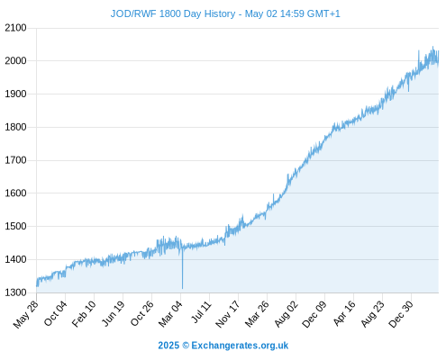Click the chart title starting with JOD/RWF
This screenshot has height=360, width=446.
[225, 13]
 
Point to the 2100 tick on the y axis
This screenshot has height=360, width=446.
[15, 28]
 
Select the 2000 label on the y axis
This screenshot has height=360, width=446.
[15, 61]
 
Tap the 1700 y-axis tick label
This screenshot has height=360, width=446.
[15, 160]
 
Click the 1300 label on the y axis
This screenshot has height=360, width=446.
[15, 292]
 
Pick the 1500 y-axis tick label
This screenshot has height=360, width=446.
[15, 226]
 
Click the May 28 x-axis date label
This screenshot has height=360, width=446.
[26, 314]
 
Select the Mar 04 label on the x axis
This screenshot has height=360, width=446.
[170, 314]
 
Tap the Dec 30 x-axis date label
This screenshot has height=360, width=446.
[401, 314]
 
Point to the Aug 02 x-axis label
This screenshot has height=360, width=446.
[286, 314]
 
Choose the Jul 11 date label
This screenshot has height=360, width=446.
[202, 312]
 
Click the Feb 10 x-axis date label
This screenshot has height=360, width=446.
[84, 314]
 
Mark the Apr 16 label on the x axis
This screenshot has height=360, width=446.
[344, 313]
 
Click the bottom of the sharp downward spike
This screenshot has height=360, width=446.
[182, 288]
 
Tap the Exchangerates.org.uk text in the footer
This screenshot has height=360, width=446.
[240, 346]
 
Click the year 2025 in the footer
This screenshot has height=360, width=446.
[168, 346]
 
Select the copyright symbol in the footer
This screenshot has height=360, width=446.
[186, 346]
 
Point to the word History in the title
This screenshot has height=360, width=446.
[220, 13]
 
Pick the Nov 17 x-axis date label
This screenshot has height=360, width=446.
[228, 314]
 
